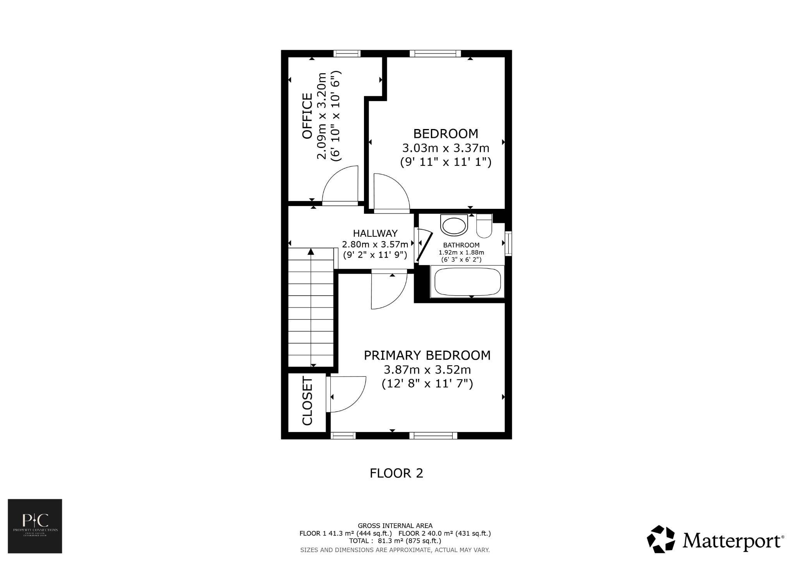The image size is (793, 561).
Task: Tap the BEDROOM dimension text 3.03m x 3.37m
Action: click(446, 148)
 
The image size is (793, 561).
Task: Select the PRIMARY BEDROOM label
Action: click(427, 355)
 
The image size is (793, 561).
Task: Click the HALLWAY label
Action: click(375, 233)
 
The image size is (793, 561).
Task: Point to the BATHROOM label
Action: click(461, 245)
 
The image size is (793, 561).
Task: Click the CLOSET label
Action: click(307, 401)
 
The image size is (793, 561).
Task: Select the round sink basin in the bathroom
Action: click(454, 226)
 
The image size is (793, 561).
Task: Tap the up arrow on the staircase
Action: click(311, 252)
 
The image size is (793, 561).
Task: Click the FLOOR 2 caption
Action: click(396, 473)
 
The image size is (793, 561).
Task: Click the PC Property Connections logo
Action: click(35, 526)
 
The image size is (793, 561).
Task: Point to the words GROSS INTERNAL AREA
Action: click(395, 526)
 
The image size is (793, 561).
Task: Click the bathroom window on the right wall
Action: click(508, 243)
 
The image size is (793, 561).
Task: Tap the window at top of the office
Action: click(347, 53)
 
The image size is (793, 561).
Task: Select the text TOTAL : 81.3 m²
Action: click(374, 541)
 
